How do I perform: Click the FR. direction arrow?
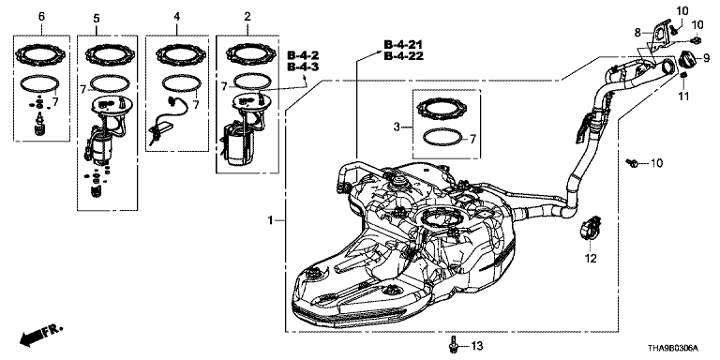coord(41,336)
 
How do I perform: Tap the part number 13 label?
coord(477,345)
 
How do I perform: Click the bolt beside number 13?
coord(454,345)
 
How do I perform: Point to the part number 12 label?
coord(591,259)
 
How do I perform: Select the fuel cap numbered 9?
coord(688,61)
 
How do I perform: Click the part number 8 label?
coord(637,33)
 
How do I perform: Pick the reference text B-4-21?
coord(404,45)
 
